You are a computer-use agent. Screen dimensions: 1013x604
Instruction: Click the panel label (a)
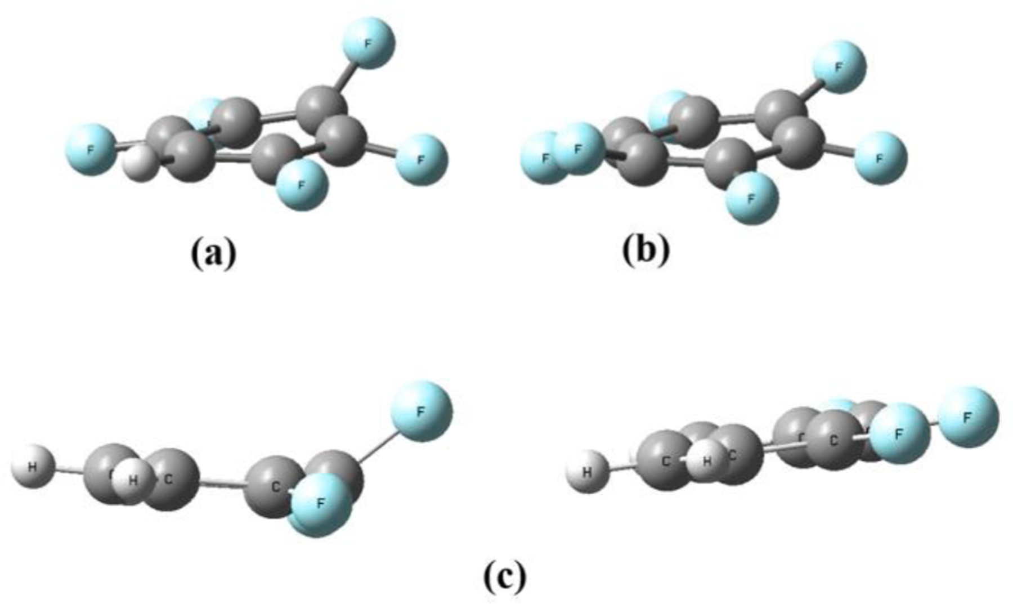[x=213, y=253]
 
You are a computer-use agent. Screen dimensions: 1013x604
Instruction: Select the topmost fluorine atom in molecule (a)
[x=369, y=43]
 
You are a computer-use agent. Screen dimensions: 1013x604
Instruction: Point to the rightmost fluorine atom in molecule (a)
[x=422, y=160]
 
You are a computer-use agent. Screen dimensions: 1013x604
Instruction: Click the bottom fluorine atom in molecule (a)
[x=302, y=184]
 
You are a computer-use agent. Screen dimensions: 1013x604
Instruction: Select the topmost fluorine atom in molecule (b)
[x=840, y=67]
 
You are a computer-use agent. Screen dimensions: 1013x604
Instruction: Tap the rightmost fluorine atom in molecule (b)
[x=880, y=158]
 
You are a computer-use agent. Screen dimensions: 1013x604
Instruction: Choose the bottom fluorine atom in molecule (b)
[x=751, y=198]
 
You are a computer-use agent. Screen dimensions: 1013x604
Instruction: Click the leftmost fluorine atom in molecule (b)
[x=544, y=158]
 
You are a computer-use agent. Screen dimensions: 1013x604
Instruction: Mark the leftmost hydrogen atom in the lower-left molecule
[x=33, y=466]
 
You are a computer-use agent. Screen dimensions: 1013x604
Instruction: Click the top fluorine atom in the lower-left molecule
[x=422, y=411]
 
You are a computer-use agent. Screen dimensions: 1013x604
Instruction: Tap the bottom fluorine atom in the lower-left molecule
[x=320, y=504]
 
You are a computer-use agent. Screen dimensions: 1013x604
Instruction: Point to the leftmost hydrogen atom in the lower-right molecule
[x=588, y=472]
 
